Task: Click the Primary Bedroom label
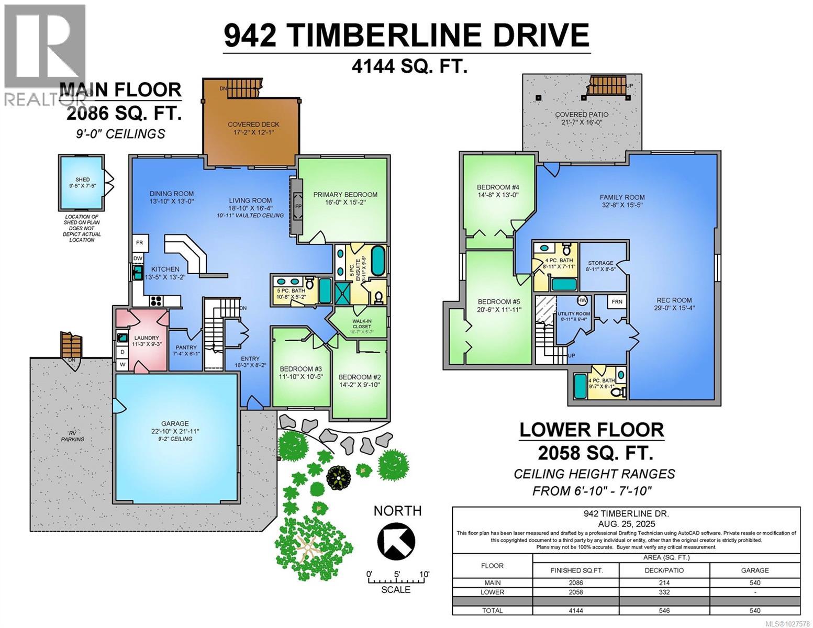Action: [x=345, y=195]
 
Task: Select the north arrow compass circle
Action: [x=396, y=541]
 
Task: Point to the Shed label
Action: [x=82, y=180]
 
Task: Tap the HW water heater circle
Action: [x=582, y=300]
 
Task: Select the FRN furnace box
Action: [x=617, y=302]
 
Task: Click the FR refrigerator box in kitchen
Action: [x=140, y=243]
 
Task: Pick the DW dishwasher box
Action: [x=138, y=258]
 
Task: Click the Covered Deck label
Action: [x=253, y=125]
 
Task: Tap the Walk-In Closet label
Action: [x=361, y=323]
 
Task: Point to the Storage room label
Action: [x=600, y=263]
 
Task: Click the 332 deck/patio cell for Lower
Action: [x=664, y=592]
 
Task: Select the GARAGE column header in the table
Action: [x=754, y=570]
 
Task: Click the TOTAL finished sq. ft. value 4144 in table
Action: [x=575, y=610]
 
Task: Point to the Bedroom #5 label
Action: [x=494, y=301]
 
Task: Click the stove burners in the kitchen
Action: [x=157, y=300]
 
